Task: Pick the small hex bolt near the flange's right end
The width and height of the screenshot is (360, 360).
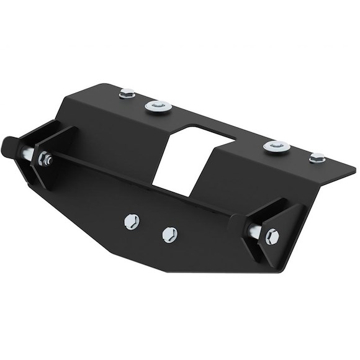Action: click(317, 158)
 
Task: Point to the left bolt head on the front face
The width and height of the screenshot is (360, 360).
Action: click(132, 221)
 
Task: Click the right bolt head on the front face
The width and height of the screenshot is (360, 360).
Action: click(169, 233)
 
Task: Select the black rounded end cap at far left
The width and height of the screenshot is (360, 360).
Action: click(12, 147)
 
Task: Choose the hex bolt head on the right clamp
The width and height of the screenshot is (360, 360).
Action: click(271, 236)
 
